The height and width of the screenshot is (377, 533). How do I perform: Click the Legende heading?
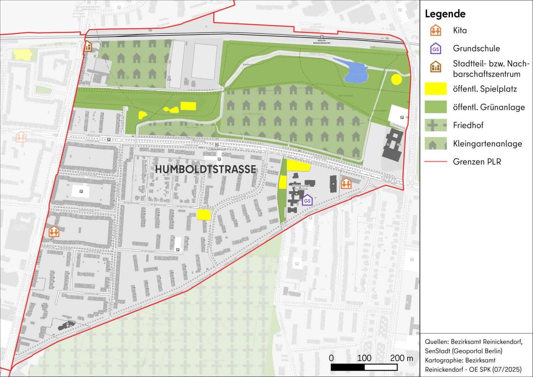[x=445, y=14]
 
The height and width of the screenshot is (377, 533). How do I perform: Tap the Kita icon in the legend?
[x=435, y=30]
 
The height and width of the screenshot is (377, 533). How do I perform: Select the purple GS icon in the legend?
[x=435, y=49]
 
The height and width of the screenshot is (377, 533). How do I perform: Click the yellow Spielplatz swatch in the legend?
[x=435, y=89]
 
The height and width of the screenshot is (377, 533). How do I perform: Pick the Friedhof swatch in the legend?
[x=435, y=125]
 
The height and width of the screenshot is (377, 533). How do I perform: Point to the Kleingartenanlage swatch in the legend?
[x=435, y=143]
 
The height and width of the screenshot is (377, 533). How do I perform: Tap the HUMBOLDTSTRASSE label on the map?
[x=205, y=169]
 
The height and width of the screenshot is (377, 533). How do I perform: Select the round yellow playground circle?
[x=396, y=79]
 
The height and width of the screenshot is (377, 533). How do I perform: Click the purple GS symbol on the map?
[x=307, y=200]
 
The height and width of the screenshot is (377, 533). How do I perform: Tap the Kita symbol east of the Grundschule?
[x=346, y=183]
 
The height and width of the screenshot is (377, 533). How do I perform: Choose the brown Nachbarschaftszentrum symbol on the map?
[x=87, y=46]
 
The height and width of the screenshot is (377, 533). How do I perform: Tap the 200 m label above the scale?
[x=402, y=358]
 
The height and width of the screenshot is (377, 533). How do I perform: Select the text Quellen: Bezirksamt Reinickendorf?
[x=473, y=342]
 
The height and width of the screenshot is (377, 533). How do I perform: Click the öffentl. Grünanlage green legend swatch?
[x=435, y=107]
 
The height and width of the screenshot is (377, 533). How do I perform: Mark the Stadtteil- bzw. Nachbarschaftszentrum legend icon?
[x=435, y=67]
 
